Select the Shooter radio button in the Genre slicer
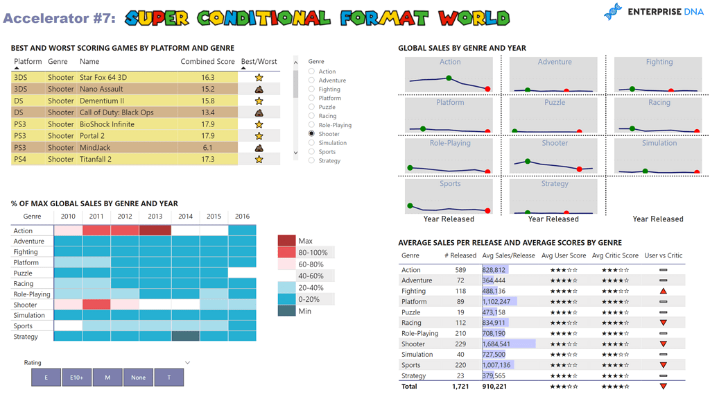click(x=311, y=134)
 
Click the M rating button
click(x=107, y=377)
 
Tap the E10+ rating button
click(x=76, y=377)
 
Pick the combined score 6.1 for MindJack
click(x=207, y=147)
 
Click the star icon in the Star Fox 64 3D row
click(x=259, y=78)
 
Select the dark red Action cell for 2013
click(x=155, y=230)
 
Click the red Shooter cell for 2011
click(x=96, y=305)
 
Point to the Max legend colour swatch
click(x=287, y=241)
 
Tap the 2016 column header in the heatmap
click(x=242, y=216)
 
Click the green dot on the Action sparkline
click(x=449, y=78)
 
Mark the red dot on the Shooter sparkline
click(x=580, y=169)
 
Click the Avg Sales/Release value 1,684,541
click(x=496, y=344)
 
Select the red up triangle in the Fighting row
click(x=664, y=292)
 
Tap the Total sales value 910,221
click(x=494, y=387)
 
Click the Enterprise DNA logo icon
click(x=612, y=12)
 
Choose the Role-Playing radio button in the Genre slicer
click(x=311, y=125)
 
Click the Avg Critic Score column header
click(x=615, y=255)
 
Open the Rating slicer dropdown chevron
click(x=187, y=362)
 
